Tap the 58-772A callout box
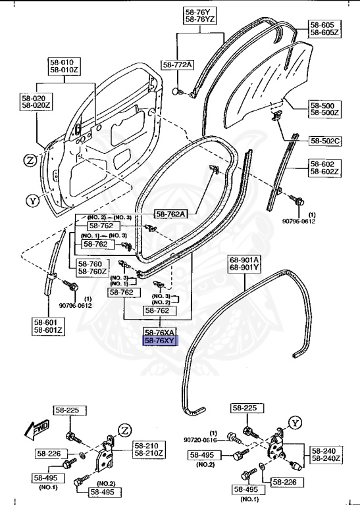click(178, 64)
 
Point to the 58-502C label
click(325, 141)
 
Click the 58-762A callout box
click(171, 214)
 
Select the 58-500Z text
click(325, 113)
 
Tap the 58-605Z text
click(325, 32)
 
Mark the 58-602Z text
click(325, 172)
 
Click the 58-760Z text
click(91, 272)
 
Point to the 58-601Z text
click(48, 330)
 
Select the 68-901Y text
click(245, 267)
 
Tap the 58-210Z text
click(149, 453)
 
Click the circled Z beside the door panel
click(30, 160)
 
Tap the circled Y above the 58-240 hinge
click(296, 422)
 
